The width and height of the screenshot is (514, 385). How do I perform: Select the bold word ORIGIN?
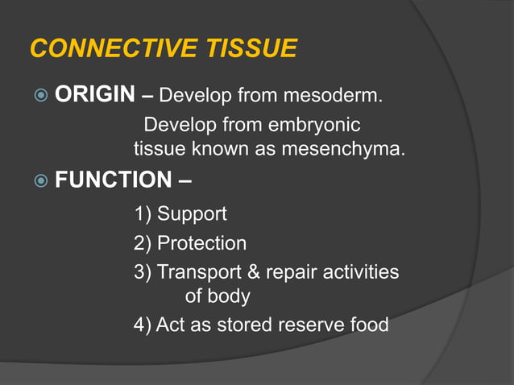94,96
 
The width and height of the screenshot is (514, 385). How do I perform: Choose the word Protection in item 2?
201,242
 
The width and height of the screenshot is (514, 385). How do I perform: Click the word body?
229,296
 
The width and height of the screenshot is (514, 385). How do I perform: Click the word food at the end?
368,325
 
